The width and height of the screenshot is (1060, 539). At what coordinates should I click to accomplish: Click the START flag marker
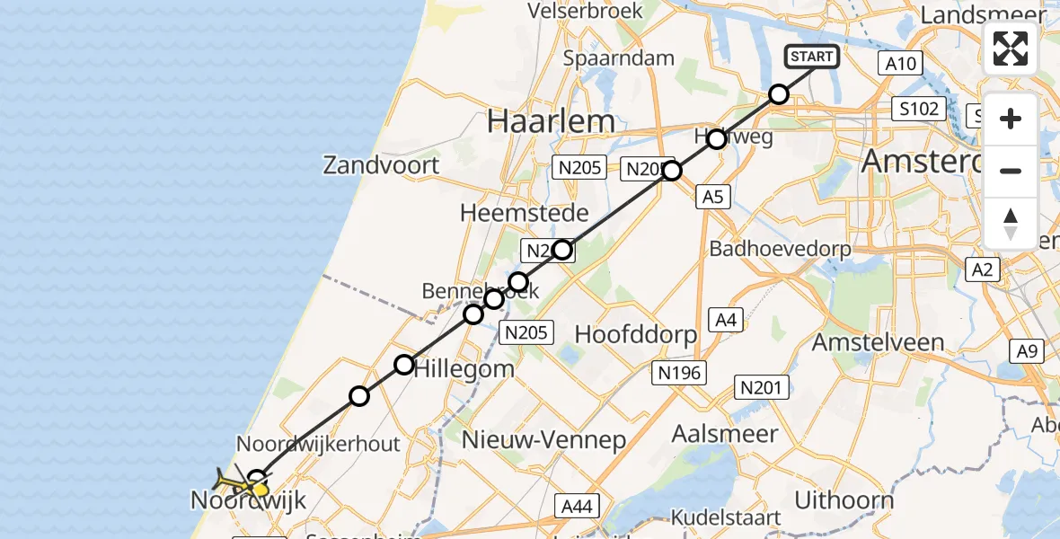[812, 57]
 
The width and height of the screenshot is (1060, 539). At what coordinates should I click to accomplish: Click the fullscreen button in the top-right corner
[1011, 48]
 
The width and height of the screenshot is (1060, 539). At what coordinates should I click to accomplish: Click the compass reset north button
[1011, 224]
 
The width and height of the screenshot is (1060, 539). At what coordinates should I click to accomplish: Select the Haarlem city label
[552, 121]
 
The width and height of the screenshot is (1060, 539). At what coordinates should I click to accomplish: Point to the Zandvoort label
[382, 165]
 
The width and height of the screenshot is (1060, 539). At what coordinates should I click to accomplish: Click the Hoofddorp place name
[636, 335]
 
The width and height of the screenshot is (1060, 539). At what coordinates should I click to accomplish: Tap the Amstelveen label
[878, 342]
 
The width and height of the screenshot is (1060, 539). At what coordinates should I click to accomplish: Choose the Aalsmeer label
[726, 434]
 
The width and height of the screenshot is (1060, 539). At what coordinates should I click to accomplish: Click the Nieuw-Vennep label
[543, 439]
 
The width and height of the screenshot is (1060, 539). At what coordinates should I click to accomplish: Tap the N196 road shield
[680, 373]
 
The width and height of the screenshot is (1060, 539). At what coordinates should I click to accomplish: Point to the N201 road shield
[763, 387]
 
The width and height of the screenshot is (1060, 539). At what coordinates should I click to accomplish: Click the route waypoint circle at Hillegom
[404, 364]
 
